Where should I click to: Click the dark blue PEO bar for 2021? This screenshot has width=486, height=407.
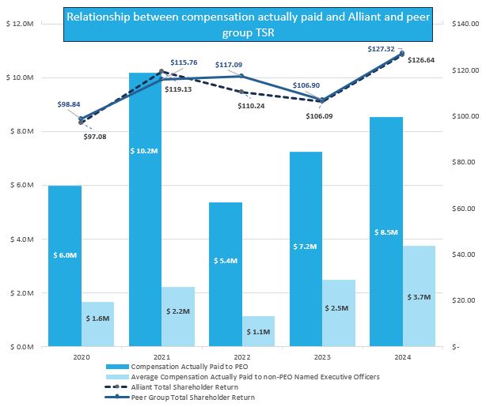tap(145, 237)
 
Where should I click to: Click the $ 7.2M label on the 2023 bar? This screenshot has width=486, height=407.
tap(306, 247)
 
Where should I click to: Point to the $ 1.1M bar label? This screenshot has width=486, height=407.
tap(258, 332)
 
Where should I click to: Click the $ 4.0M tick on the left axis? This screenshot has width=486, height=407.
tap(20, 239)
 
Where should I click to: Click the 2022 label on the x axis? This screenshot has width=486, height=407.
tap(226, 356)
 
